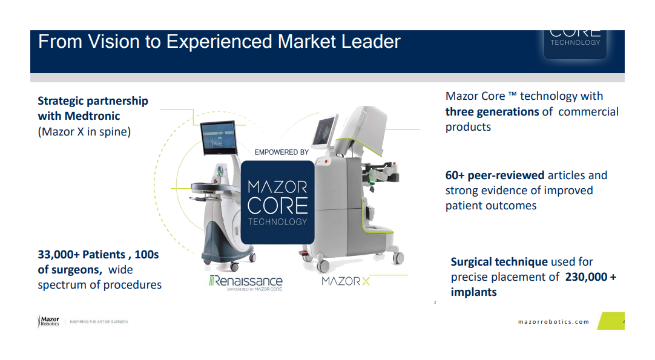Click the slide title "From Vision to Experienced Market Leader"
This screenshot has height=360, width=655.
219,42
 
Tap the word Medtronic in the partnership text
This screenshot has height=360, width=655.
92,116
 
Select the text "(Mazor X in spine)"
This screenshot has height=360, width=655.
84,131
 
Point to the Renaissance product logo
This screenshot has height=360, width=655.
246,282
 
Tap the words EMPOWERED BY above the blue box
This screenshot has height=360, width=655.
281,152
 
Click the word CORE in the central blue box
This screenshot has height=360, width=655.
277,205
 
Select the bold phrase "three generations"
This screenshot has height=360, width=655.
492,112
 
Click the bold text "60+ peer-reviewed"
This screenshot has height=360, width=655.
495,175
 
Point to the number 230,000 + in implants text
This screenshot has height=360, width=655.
590,277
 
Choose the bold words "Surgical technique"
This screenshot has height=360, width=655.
499,262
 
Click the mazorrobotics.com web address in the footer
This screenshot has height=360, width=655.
553,322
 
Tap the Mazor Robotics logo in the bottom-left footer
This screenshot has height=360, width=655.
48,321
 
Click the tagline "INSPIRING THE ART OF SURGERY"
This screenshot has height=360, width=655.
100,322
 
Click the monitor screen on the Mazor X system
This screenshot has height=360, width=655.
324,131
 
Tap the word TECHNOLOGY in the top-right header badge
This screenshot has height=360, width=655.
575,43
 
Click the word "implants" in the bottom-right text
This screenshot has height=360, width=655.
473,292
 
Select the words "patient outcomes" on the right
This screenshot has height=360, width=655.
491,206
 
